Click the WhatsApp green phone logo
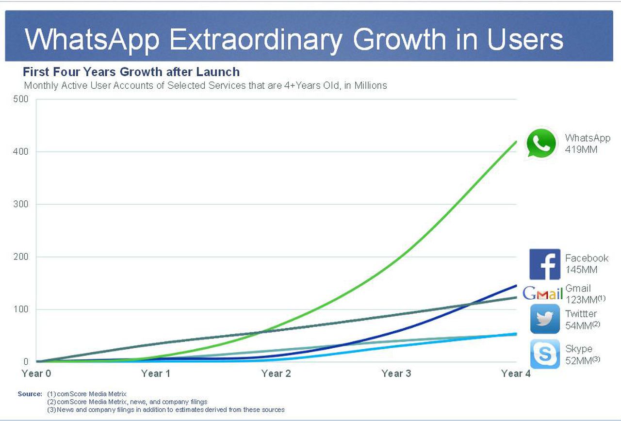pyautogui.click(x=541, y=143)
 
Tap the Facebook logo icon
pyautogui.click(x=544, y=264)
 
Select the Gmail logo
pyautogui.click(x=542, y=293)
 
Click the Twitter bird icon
pyautogui.click(x=545, y=319)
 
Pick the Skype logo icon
pyautogui.click(x=545, y=355)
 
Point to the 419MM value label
pyautogui.click(x=581, y=150)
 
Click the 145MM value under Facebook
pyautogui.click(x=581, y=270)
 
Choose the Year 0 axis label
pyautogui.click(x=36, y=373)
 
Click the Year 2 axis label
pyautogui.click(x=276, y=373)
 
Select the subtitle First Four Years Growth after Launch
pyautogui.click(x=131, y=72)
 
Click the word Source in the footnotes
pyautogui.click(x=30, y=394)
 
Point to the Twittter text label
pyautogui.click(x=581, y=314)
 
